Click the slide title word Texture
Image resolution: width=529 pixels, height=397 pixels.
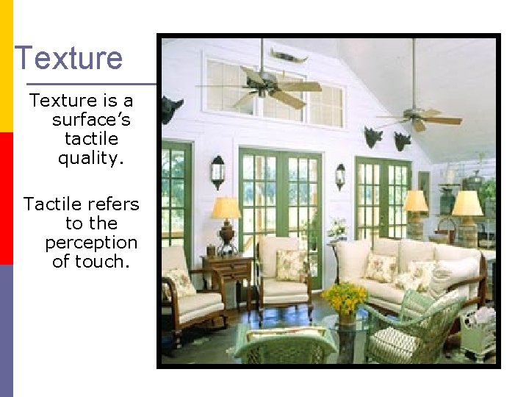point(68,58)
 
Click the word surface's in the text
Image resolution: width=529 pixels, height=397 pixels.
point(91,119)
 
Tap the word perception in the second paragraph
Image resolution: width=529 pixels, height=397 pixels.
point(91,242)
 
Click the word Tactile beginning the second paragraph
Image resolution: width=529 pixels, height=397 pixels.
point(52,204)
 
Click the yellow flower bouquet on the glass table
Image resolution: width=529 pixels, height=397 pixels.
point(344,298)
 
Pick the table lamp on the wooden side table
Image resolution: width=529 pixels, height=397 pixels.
point(226,221)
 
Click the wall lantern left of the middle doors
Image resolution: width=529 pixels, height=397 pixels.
point(217,171)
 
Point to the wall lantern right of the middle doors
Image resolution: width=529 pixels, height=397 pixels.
point(340,176)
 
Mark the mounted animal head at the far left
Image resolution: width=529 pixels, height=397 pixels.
point(171,109)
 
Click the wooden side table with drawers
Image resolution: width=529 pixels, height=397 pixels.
point(227,276)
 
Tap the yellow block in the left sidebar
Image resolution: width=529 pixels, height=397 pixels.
point(6,66)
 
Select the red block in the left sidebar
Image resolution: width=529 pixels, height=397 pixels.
point(6,198)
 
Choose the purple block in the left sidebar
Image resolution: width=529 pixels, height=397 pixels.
point(6,331)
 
